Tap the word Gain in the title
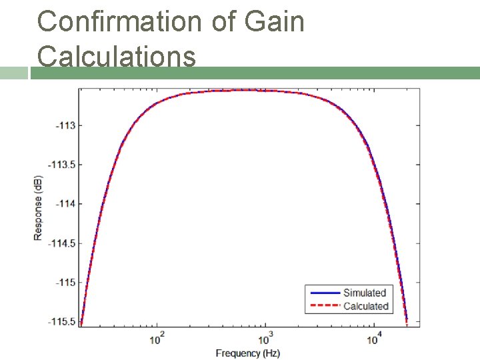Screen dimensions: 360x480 275,21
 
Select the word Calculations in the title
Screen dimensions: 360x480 117,56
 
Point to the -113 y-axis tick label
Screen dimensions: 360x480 65,125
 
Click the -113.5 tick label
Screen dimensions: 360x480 62,165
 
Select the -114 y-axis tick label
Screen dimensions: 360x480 65,204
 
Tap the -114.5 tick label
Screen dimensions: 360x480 62,243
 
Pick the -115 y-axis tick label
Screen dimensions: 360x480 65,283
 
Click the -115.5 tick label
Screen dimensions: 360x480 62,322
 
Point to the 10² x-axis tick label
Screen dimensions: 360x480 158,339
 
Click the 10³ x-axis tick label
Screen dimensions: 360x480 266,339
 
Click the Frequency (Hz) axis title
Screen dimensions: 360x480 248,353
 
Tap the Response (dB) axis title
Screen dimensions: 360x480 39,207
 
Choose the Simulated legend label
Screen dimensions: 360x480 365,293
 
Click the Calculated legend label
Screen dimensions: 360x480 365,307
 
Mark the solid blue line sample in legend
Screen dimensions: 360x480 323,293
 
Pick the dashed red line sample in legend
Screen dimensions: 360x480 323,307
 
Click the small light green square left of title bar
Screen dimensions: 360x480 13,73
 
